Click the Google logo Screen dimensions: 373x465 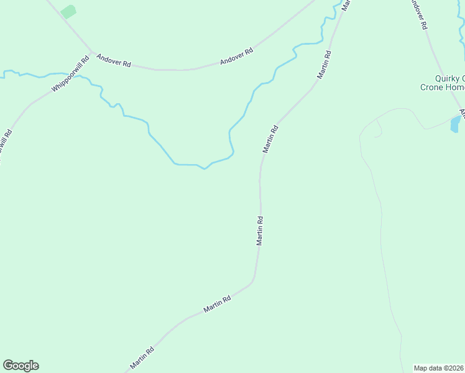[x=21, y=366]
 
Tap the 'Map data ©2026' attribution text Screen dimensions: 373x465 [x=438, y=367]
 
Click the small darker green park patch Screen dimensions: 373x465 [x=68, y=11]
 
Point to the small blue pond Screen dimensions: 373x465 [x=455, y=124]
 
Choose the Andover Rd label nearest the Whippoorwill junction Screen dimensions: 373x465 [x=114, y=60]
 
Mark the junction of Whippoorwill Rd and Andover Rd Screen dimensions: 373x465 [x=91, y=52]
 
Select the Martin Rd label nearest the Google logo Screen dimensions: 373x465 [x=142, y=357]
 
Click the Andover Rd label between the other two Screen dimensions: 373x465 [x=237, y=56]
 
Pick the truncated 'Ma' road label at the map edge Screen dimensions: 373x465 [x=346, y=5]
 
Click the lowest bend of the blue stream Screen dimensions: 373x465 [x=203, y=167]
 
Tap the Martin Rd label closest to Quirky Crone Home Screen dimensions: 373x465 [x=325, y=64]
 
